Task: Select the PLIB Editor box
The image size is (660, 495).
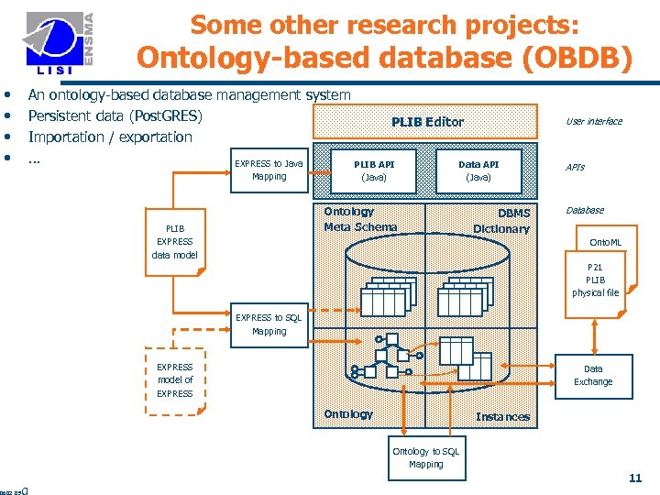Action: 426,121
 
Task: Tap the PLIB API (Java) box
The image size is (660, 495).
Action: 374,170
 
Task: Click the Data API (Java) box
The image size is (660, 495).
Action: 478,170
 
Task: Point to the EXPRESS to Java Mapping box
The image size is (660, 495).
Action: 269,170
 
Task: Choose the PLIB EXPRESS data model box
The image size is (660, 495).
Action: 174,241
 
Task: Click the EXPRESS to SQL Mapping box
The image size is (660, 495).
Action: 269,324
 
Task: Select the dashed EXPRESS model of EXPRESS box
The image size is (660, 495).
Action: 174,379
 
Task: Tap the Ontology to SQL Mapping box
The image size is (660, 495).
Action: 425,457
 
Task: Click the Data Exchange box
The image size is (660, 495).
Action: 593,375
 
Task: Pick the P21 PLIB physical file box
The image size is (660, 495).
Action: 595,280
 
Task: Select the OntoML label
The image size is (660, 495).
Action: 605,242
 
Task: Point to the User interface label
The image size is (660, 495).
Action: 593,121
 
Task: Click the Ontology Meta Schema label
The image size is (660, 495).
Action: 360,219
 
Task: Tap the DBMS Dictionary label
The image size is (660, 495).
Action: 501,221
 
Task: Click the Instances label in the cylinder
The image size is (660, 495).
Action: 502,417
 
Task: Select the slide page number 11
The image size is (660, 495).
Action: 634,478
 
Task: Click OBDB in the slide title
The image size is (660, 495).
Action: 586,59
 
